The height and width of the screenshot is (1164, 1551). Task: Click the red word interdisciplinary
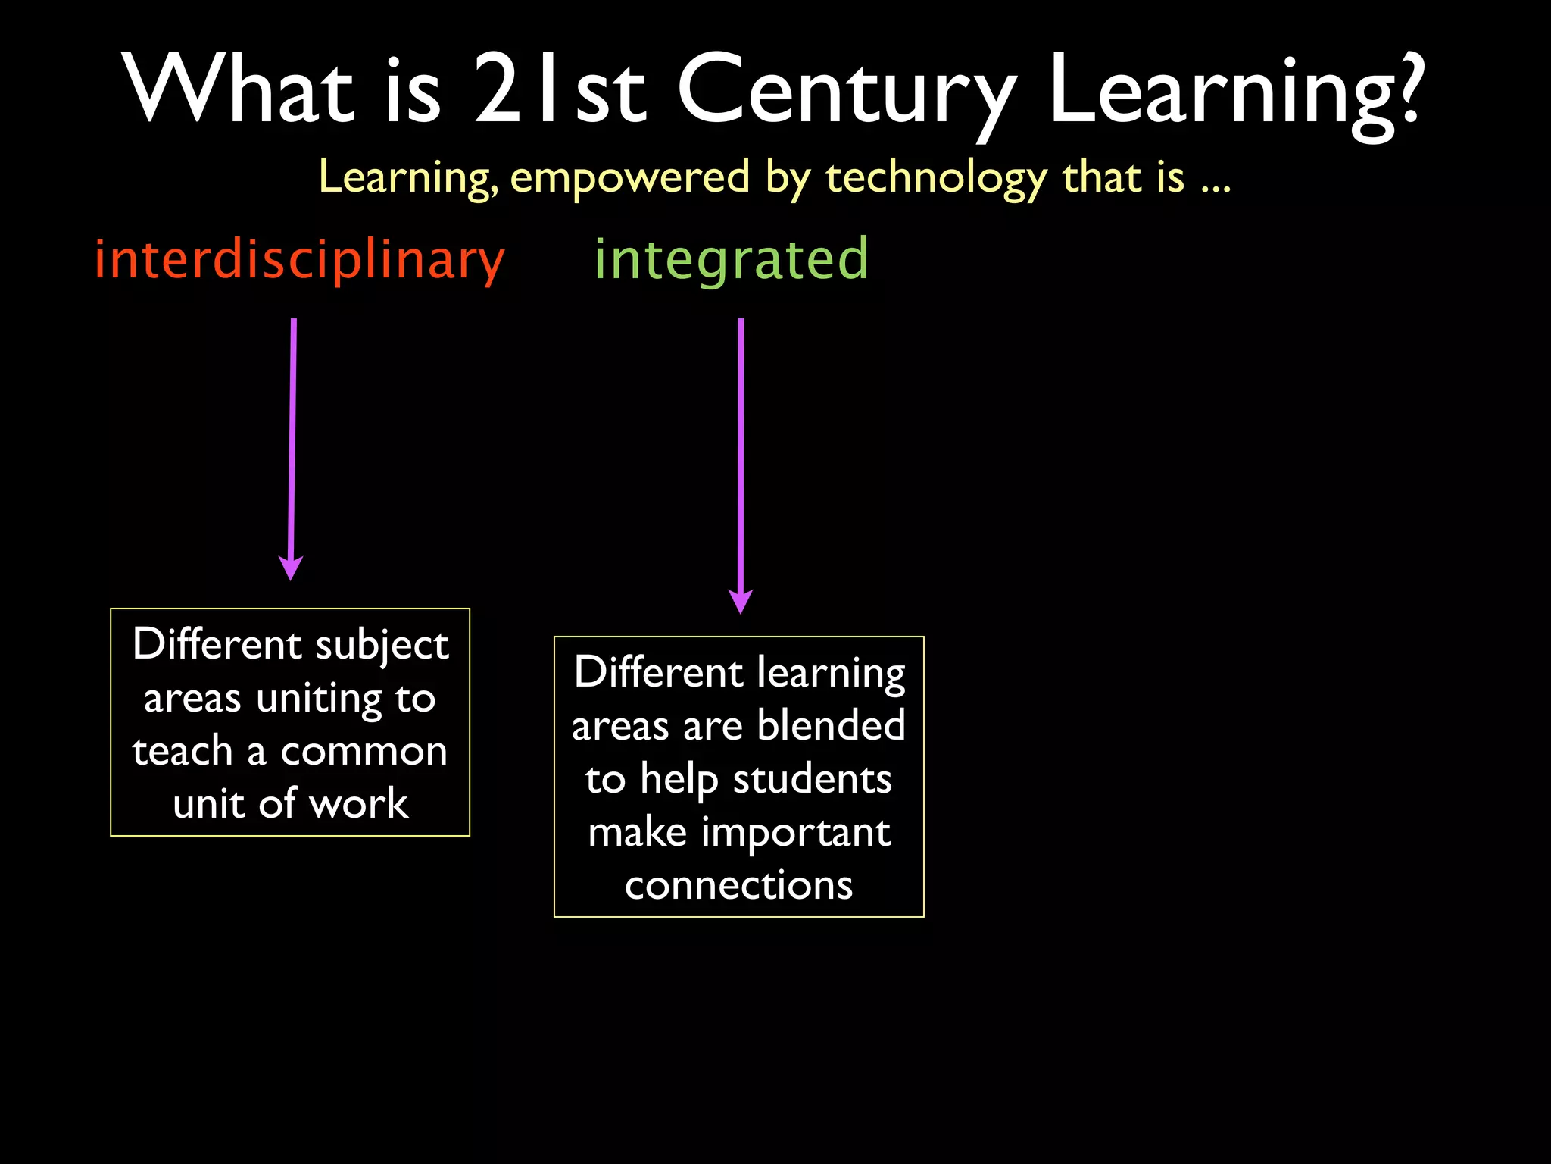pyautogui.click(x=299, y=260)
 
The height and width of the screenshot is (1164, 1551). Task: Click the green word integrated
pyautogui.click(x=731, y=260)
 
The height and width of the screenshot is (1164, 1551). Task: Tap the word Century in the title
pyautogui.click(x=846, y=91)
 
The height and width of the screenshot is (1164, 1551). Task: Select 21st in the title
pyautogui.click(x=559, y=91)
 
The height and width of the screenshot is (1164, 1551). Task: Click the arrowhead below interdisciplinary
pyautogui.click(x=291, y=568)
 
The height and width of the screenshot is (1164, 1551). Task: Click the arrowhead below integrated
pyautogui.click(x=740, y=601)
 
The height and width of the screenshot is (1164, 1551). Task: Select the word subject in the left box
pyautogui.click(x=382, y=646)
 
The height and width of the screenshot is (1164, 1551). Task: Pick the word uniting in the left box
pyautogui.click(x=319, y=699)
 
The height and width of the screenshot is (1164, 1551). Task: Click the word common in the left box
pyautogui.click(x=364, y=752)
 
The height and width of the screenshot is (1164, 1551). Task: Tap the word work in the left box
pyautogui.click(x=359, y=804)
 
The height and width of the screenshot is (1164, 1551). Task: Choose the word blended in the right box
pyautogui.click(x=831, y=725)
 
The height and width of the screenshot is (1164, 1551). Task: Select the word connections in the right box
pyautogui.click(x=738, y=885)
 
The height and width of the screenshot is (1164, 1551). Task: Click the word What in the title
pyautogui.click(x=239, y=91)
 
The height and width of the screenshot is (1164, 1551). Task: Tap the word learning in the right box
pyautogui.click(x=831, y=673)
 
